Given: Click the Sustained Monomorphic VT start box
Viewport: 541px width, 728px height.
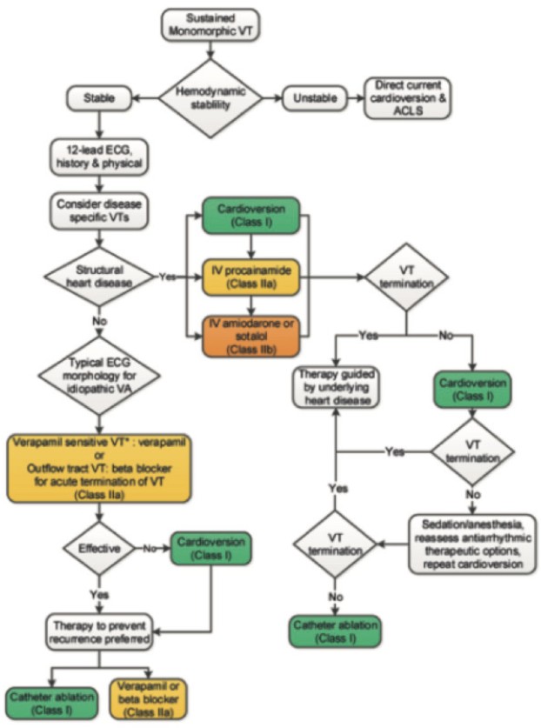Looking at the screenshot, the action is pyautogui.click(x=210, y=25).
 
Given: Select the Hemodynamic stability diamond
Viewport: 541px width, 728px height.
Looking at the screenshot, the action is pyautogui.click(x=210, y=98).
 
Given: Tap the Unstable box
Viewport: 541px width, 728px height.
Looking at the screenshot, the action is pyautogui.click(x=315, y=98).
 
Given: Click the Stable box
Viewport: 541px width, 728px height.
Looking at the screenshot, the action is pyautogui.click(x=99, y=98).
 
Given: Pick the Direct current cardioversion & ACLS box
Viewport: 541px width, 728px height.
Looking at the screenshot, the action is pyautogui.click(x=407, y=98).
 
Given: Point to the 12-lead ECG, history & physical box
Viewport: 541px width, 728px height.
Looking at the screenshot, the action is pyautogui.click(x=99, y=157).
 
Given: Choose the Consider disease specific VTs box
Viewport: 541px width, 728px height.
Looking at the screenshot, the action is pyautogui.click(x=99, y=210).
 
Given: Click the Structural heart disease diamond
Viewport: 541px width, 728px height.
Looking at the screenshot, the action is pyautogui.click(x=99, y=277).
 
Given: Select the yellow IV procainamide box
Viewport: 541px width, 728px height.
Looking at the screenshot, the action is pyautogui.click(x=251, y=277).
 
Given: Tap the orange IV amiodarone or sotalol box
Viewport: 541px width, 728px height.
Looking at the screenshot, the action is pyautogui.click(x=251, y=337).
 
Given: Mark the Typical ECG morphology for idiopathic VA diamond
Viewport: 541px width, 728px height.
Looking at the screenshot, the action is pyautogui.click(x=99, y=376).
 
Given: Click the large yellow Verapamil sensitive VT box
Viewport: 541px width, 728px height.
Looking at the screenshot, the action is pyautogui.click(x=99, y=469).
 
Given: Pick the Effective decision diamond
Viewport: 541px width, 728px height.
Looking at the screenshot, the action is pyautogui.click(x=99, y=548).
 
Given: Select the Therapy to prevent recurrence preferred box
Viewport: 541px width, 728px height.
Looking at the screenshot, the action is pyautogui.click(x=99, y=632).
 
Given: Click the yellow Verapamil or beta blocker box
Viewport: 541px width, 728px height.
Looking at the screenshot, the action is pyautogui.click(x=148, y=698).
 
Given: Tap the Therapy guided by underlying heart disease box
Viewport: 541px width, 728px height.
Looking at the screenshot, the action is pyautogui.click(x=337, y=387).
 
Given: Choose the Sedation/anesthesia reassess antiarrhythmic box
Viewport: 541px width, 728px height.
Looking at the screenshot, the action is pyautogui.click(x=472, y=544).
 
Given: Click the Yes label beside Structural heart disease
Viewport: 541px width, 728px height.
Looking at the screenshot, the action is pyautogui.click(x=168, y=277).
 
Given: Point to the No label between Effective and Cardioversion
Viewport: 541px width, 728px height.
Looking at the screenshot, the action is pyautogui.click(x=150, y=548).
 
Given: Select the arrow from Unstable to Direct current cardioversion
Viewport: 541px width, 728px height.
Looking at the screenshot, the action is pyautogui.click(x=355, y=98).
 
